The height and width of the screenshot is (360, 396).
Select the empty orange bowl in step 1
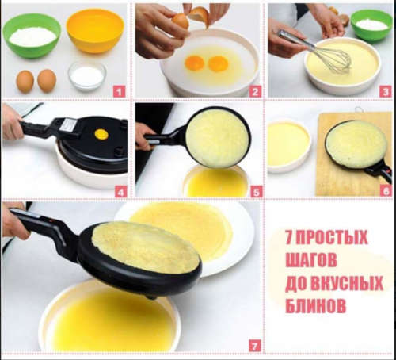click(x=94, y=30)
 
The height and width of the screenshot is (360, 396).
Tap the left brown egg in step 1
click(x=25, y=80)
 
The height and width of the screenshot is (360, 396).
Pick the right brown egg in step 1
click(x=47, y=80)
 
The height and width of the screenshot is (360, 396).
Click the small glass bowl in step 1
click(x=87, y=76)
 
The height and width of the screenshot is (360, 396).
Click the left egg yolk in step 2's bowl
click(x=194, y=62)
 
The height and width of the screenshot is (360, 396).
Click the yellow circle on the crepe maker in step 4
click(x=101, y=134)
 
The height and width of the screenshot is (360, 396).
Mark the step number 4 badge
click(x=120, y=190)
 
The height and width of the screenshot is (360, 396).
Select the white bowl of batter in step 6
click(x=288, y=145)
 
